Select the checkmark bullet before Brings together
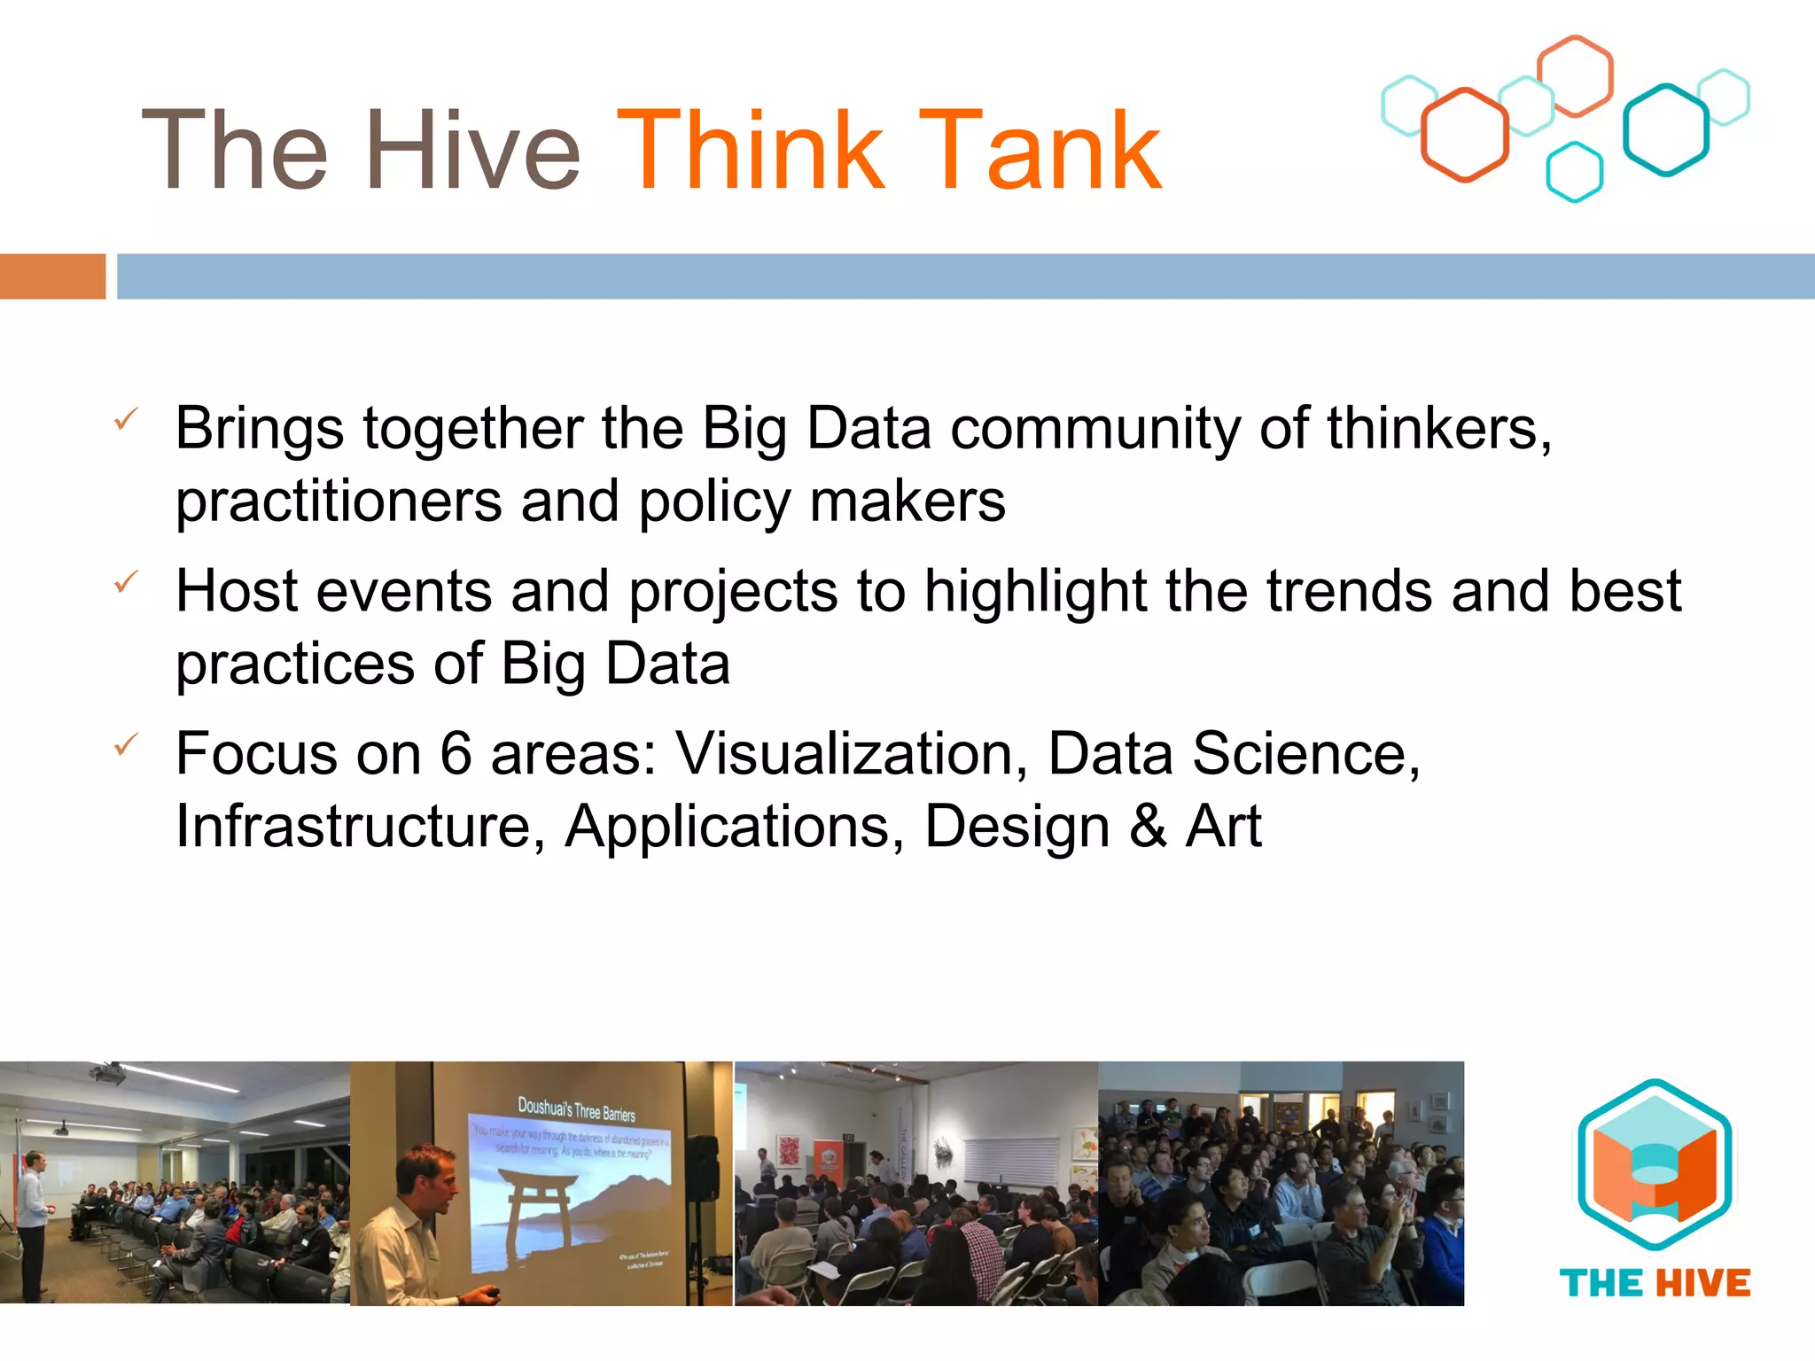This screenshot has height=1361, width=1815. (126, 419)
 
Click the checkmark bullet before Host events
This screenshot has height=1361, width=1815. (126, 582)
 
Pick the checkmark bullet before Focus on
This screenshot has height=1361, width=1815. (126, 744)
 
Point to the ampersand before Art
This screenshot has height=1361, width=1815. (1149, 827)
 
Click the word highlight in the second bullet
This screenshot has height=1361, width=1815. (1035, 592)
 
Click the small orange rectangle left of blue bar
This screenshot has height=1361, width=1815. (52, 276)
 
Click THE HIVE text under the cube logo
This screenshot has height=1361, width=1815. (1654, 1283)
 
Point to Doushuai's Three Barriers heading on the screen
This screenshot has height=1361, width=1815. (576, 1108)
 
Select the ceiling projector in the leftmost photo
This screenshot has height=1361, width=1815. (108, 1075)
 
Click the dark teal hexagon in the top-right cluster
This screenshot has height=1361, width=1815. (1665, 130)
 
